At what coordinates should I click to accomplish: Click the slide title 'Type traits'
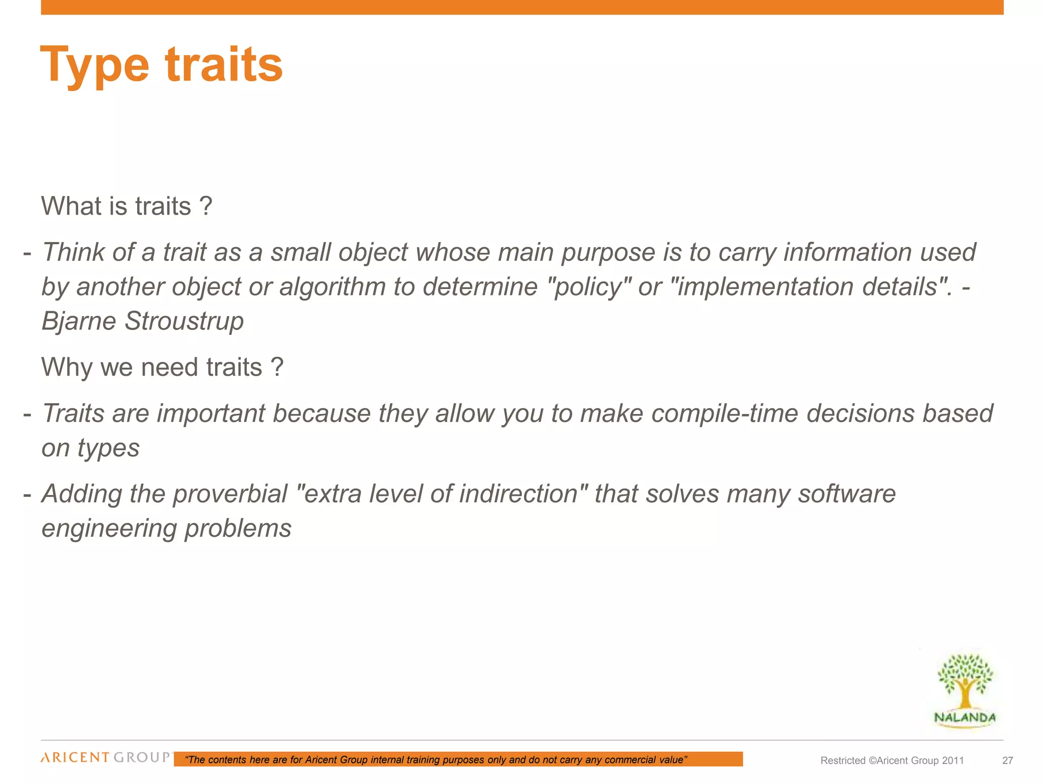161,65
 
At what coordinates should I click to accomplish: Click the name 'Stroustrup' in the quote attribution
184,321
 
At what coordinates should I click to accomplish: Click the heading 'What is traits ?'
126,206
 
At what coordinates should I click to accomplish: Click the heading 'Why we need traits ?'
162,367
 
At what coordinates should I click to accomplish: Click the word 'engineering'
109,529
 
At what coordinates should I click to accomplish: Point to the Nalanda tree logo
965,689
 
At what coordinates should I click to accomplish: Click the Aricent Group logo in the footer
106,758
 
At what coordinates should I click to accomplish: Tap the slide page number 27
1007,761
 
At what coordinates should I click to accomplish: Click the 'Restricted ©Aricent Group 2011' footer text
892,761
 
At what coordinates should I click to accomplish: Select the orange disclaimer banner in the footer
458,760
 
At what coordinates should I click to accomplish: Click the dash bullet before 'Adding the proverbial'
28,494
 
